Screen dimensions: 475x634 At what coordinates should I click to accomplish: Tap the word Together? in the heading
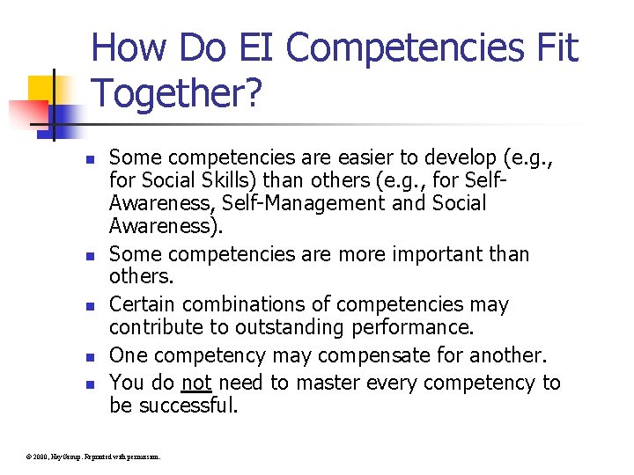tap(176, 92)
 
